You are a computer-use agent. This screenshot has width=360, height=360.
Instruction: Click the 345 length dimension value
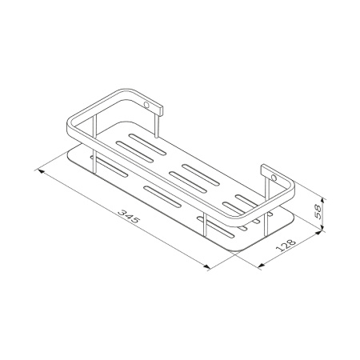click(125, 216)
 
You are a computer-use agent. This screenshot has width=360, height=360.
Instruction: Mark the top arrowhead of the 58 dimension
click(322, 195)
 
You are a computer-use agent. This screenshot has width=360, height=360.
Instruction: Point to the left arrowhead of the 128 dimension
click(261, 266)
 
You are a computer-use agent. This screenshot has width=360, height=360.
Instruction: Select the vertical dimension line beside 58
click(322, 213)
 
